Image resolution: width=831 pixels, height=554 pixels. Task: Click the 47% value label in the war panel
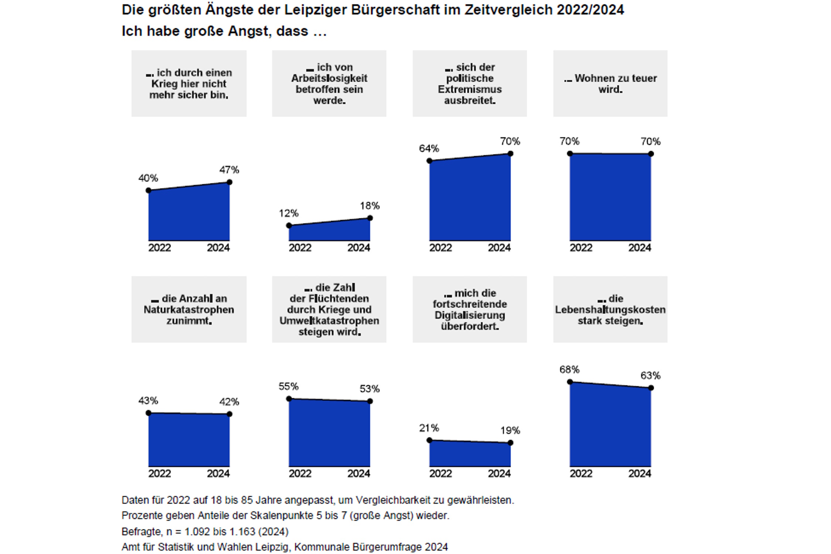point(229,170)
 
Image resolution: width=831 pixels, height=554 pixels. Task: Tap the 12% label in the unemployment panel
point(288,213)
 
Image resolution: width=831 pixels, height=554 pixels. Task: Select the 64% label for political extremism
point(429,148)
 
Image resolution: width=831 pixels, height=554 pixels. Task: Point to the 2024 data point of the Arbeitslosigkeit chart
point(370,218)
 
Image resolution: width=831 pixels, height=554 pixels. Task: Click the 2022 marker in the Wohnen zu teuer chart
point(570,153)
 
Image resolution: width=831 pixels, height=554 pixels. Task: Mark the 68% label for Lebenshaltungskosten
point(569,369)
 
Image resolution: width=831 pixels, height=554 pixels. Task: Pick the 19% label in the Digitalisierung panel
point(510,430)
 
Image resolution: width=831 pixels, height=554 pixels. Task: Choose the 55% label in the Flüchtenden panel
point(288,386)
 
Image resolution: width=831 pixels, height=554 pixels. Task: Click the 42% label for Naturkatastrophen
point(229,401)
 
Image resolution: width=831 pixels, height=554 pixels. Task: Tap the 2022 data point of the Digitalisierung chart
point(429,440)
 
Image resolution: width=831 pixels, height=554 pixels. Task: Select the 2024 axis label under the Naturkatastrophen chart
point(218,473)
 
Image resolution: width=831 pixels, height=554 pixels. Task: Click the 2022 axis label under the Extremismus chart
point(440,247)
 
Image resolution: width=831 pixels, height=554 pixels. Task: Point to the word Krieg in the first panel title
point(163,84)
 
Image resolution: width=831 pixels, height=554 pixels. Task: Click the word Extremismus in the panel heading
point(469,89)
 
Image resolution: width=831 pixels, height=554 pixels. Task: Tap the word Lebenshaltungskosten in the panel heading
point(610,310)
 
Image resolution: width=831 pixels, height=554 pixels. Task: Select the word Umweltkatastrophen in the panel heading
point(329,321)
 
